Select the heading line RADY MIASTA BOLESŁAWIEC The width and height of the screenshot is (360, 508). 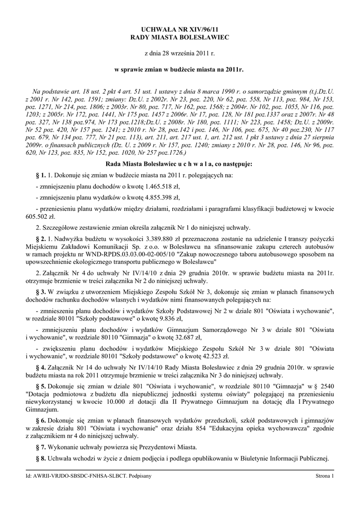pos(180,38)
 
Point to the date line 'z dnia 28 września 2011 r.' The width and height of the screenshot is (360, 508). pos(180,53)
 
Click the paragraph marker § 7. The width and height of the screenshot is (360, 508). pos(41,446)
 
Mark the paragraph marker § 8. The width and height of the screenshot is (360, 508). pos(41,457)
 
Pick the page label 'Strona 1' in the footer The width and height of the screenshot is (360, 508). pos(326,476)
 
